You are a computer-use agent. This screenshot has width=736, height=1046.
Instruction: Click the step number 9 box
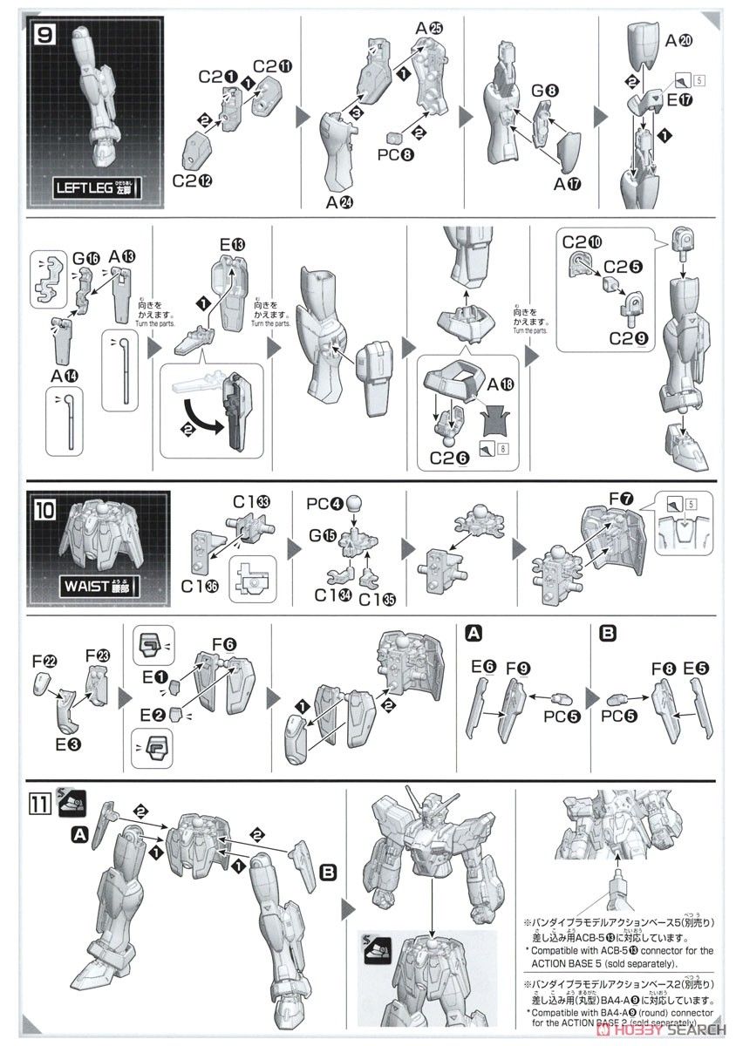(x=42, y=37)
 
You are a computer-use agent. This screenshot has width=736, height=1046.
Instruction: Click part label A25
(x=429, y=29)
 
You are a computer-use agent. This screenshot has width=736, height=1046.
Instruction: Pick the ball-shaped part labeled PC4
(x=355, y=505)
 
